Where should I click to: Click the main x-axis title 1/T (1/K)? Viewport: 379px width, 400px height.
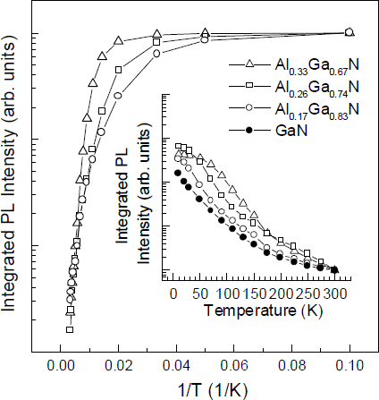pyautogui.click(x=205, y=387)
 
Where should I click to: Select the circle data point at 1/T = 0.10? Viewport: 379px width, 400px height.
pyautogui.click(x=350, y=32)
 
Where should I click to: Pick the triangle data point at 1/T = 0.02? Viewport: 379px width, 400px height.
pyautogui.click(x=118, y=41)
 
